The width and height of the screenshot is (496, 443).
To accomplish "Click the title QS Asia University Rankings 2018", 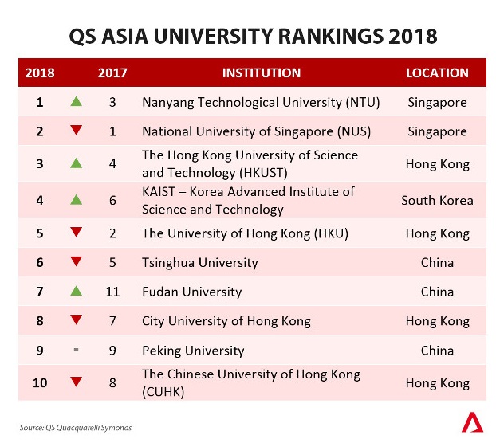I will (247, 37).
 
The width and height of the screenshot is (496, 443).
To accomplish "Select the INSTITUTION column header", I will (262, 73).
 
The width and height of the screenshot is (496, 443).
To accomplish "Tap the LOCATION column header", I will (437, 73).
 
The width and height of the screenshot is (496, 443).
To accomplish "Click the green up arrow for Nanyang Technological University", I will (76, 102).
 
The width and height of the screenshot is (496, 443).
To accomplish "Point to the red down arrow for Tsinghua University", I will (76, 262).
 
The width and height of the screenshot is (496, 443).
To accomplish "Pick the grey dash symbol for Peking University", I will (76, 350).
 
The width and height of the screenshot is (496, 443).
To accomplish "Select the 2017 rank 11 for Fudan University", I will (112, 292).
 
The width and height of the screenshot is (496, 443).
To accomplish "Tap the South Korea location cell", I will (437, 200).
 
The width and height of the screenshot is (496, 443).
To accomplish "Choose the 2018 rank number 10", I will (39, 382).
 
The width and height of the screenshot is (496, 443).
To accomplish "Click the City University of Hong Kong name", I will (226, 321).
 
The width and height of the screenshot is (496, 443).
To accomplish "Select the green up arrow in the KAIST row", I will (76, 199).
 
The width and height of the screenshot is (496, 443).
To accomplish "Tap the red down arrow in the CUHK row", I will (76, 382).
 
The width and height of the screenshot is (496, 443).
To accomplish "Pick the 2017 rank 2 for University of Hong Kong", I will (112, 233).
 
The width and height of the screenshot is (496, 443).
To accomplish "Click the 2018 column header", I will (40, 73).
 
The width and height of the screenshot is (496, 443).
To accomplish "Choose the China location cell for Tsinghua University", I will (437, 262).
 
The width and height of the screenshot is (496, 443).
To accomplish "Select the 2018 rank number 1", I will (39, 102).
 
